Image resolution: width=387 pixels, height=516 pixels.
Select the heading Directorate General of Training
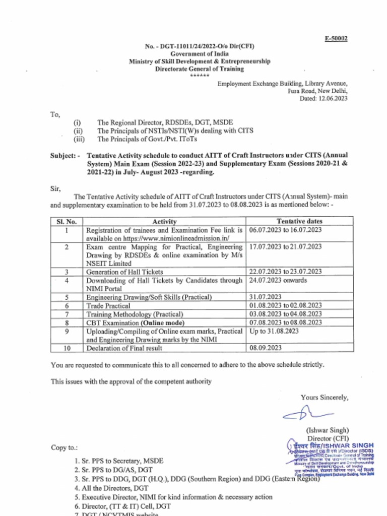point(199,69)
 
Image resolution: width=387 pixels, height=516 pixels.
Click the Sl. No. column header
point(67,221)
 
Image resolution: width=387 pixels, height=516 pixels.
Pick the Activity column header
point(164,221)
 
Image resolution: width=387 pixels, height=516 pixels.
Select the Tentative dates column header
point(300,221)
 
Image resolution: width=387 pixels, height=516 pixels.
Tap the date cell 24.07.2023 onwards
point(278,280)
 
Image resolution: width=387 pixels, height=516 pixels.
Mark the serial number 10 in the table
point(67,348)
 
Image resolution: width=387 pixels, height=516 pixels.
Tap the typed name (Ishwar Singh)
point(327,431)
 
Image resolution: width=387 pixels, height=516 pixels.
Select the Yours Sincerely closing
point(325,398)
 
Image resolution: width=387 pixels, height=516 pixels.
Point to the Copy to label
point(64,447)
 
